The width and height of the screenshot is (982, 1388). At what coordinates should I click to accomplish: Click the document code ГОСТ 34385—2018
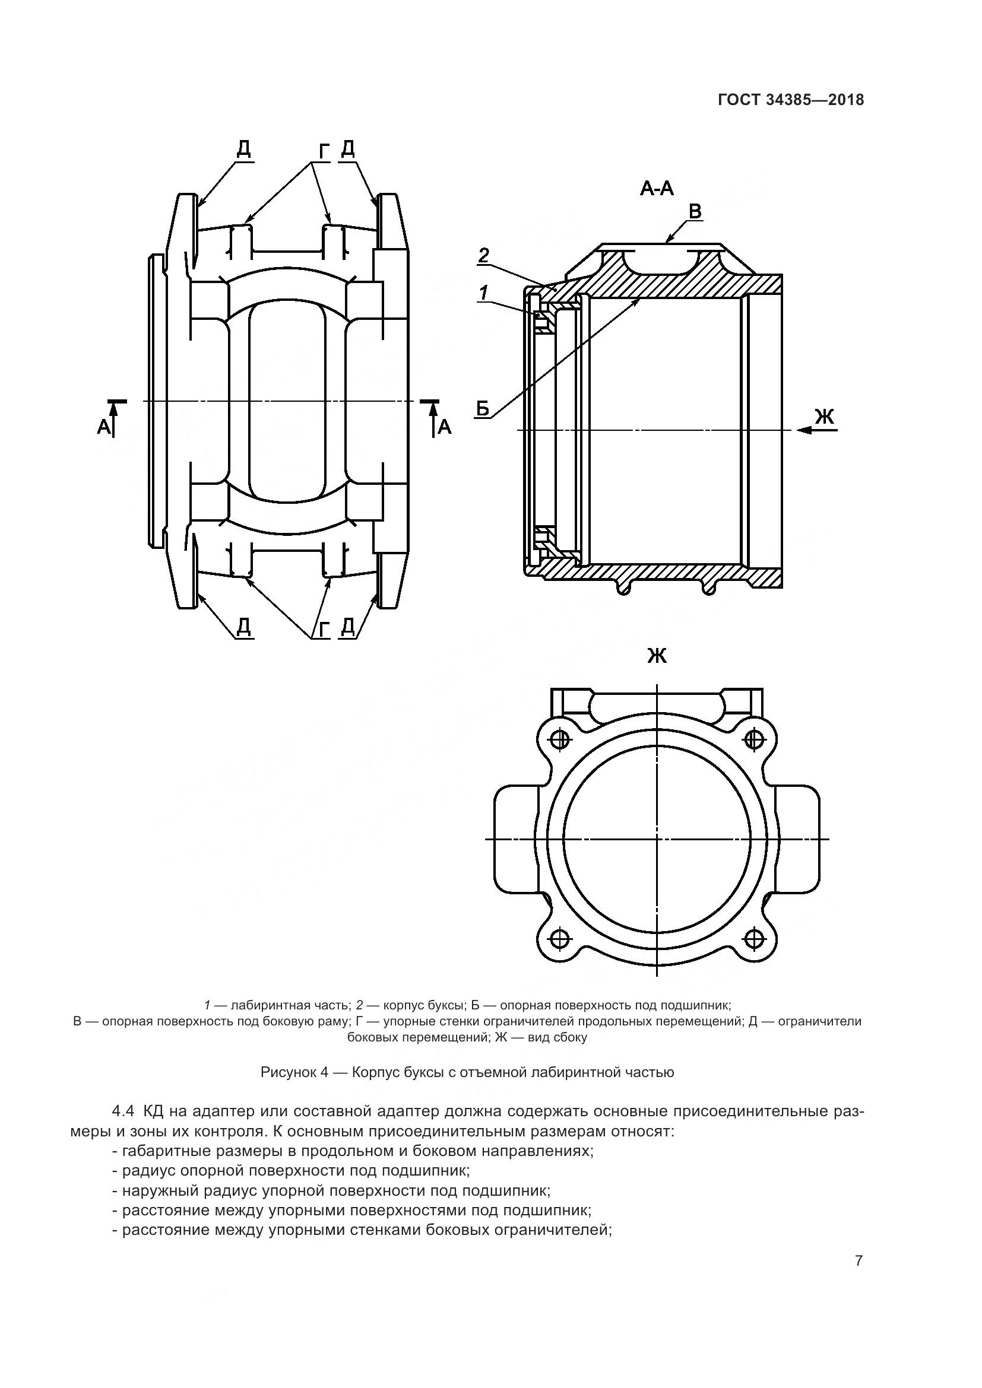(790, 100)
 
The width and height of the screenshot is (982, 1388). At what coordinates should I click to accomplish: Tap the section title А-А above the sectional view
(657, 189)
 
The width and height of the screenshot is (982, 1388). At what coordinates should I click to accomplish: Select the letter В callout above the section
(695, 211)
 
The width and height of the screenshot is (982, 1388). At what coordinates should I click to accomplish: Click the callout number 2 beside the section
(484, 255)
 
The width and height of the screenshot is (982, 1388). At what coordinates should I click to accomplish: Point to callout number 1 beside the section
(484, 293)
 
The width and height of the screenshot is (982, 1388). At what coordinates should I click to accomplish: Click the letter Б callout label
(483, 409)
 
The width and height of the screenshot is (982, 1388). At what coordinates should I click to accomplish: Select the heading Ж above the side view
(657, 655)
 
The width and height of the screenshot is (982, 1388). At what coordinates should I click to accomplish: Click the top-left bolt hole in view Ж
(562, 738)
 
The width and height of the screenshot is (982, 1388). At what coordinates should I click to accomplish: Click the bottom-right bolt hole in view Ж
(753, 938)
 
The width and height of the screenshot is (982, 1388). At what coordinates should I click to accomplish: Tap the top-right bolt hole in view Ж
(753, 738)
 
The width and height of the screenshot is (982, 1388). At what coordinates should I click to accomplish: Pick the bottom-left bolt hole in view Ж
(562, 938)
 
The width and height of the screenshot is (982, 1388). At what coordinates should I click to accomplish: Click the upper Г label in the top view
(324, 153)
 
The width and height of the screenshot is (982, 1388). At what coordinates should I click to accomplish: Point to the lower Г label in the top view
(324, 629)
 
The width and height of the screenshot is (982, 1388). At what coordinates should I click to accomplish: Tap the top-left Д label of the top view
(243, 148)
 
